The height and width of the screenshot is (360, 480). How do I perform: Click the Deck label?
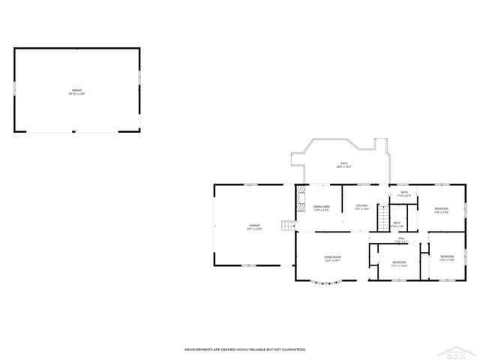tap(343, 164)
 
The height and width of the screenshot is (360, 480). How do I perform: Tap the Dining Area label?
tap(322, 208)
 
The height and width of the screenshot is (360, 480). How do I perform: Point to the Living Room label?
tap(333, 259)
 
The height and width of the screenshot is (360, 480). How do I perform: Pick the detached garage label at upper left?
tap(77, 92)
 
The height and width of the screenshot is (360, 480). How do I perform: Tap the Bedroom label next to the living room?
tap(398, 263)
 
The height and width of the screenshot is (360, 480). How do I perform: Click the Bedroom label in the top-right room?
tap(441, 210)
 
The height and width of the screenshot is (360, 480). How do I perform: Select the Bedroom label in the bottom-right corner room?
tap(447, 258)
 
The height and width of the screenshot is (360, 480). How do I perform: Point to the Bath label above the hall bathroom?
tap(403, 194)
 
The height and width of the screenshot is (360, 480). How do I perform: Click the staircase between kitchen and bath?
tap(382, 220)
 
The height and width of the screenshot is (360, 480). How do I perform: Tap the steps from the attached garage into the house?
tap(286, 226)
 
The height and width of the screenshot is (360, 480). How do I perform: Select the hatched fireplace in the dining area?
tap(299, 202)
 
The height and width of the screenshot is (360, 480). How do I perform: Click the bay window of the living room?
tap(327, 283)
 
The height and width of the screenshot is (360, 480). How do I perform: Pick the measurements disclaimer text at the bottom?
tap(245, 349)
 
